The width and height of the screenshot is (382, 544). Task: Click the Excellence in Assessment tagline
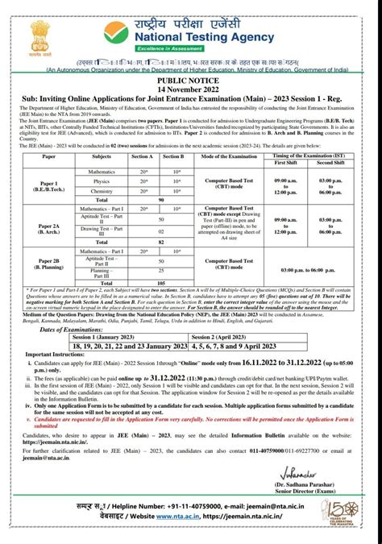pyautogui.click(x=201, y=50)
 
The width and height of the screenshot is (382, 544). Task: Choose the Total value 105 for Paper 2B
pyautogui.click(x=161, y=283)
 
